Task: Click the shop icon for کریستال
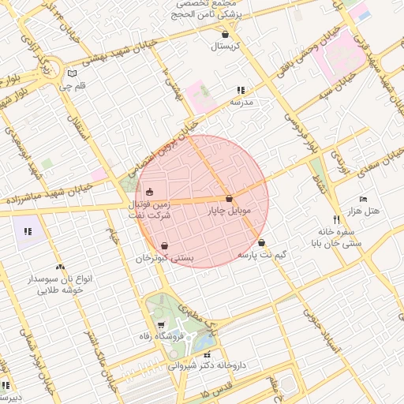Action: tap(226, 35)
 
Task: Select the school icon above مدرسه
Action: tap(241, 91)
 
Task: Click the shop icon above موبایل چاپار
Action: tap(229, 199)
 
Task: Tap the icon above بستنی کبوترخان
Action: tap(164, 246)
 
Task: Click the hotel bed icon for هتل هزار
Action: tap(363, 199)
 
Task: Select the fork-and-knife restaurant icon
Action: tap(336, 220)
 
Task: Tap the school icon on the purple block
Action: tap(28, 231)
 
